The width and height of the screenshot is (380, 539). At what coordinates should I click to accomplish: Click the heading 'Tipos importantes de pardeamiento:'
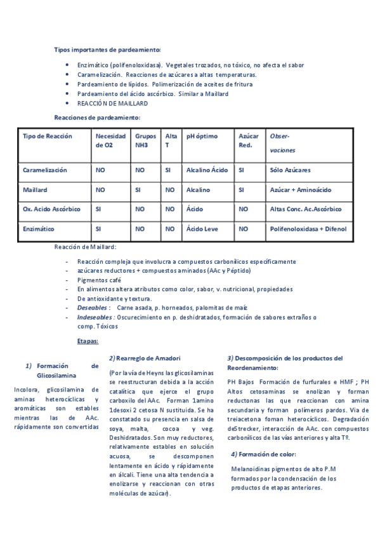(107, 50)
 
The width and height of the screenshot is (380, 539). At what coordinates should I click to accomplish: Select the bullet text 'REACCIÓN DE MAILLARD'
(112, 103)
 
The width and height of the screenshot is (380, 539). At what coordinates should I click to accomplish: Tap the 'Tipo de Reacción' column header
(48, 136)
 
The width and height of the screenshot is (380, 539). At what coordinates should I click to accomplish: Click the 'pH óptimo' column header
(202, 136)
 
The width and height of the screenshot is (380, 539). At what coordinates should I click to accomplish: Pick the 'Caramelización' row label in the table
(45, 170)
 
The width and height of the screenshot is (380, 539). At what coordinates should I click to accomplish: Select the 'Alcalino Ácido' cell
(207, 170)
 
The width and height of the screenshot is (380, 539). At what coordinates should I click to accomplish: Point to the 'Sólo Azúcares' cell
(290, 170)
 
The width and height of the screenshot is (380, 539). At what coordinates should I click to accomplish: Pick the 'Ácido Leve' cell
(202, 228)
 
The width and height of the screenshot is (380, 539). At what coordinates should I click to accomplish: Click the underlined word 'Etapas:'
(88, 341)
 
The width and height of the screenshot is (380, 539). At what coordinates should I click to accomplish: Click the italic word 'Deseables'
(92, 308)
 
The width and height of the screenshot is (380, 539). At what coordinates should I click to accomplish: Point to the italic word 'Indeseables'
(95, 317)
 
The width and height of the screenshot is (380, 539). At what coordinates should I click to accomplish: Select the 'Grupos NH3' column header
(145, 140)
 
